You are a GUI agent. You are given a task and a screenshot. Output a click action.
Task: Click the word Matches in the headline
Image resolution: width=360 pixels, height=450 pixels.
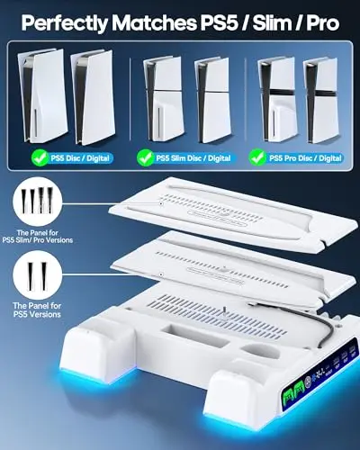coord(155,22)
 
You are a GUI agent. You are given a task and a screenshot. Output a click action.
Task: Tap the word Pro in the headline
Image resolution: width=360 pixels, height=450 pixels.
coord(322,22)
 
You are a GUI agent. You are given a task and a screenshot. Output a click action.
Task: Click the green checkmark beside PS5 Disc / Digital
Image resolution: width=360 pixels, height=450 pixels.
coord(40,157)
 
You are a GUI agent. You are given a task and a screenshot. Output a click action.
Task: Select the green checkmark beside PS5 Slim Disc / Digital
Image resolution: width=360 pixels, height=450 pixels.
coord(145,157)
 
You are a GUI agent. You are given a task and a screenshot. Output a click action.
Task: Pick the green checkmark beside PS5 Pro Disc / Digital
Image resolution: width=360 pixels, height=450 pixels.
coord(257,157)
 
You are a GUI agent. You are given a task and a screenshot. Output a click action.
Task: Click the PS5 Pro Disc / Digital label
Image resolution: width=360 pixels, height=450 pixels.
coord(305,158)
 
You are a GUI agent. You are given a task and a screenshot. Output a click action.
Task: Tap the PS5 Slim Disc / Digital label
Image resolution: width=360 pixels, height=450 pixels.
coord(193,158)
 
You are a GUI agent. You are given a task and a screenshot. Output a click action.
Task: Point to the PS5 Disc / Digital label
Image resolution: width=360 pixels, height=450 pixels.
coord(80,158)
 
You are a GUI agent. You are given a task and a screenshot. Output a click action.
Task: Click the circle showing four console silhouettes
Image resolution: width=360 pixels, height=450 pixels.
coord(38,202)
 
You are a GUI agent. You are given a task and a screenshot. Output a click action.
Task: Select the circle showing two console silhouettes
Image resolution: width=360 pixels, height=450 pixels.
coord(38,275)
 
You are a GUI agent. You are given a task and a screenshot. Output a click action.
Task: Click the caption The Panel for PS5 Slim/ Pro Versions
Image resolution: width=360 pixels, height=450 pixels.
coord(38,237)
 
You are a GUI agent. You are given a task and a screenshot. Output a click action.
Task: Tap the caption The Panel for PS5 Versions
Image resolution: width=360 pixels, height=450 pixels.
coord(37,310)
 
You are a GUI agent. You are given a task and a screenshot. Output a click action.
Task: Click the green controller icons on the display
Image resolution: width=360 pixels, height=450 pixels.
coord(293,391)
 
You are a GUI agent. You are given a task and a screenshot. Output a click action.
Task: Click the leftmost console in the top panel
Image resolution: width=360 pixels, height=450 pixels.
coord(42,96)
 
